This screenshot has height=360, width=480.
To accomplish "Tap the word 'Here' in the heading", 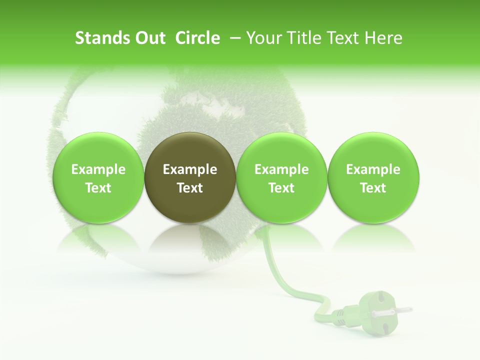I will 383,38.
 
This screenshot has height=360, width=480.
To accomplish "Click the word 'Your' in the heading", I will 263,38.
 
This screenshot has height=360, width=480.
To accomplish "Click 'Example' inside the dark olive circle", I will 190,169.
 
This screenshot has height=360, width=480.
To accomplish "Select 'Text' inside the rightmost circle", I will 373,188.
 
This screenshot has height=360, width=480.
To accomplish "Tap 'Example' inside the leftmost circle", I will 98,169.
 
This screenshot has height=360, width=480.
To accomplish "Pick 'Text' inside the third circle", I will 281,188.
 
